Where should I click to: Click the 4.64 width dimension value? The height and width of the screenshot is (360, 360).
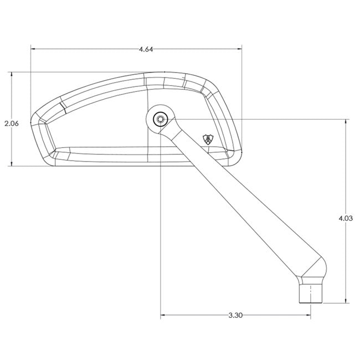146,49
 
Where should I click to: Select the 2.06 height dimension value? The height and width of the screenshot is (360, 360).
12,124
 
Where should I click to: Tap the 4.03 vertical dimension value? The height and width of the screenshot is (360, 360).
346,218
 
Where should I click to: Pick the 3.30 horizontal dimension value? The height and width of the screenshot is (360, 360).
235,315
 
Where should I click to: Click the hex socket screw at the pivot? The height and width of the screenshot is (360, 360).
161,120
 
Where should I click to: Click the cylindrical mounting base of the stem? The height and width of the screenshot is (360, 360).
311,294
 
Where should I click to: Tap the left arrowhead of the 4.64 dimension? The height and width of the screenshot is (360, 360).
33,49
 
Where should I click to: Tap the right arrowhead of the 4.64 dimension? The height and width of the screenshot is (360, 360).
239,49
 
